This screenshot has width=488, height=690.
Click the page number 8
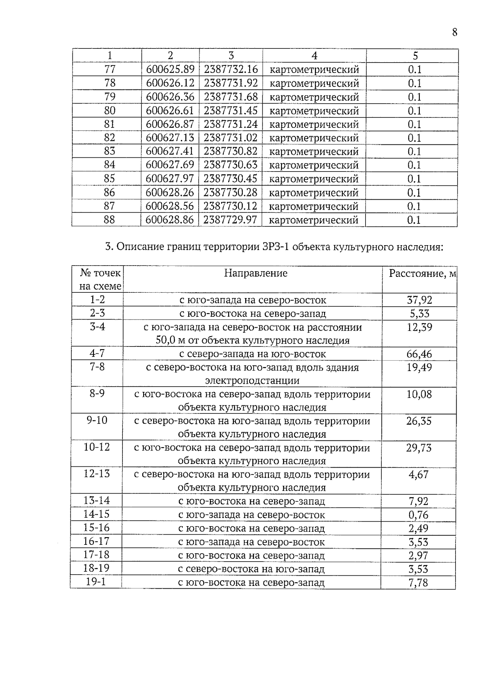(x=454, y=32)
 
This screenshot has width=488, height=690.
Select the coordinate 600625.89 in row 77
(x=170, y=70)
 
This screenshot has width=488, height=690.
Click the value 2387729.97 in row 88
(x=230, y=220)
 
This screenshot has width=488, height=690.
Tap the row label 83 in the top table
(x=109, y=151)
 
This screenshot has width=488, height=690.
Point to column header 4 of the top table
(x=314, y=56)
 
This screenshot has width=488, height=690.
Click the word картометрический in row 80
(x=314, y=111)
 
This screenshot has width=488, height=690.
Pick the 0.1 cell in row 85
(x=414, y=178)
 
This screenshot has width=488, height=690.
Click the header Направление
(x=255, y=273)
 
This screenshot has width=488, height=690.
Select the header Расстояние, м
(x=423, y=273)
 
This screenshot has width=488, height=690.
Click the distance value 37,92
(x=419, y=300)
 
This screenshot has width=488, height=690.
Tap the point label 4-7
(x=97, y=353)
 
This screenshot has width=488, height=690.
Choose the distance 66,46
(x=419, y=354)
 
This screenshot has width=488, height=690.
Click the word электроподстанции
(x=252, y=381)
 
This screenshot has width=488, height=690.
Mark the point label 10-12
(x=97, y=447)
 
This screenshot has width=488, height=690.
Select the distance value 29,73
(x=419, y=448)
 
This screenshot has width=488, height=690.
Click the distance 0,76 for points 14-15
(x=418, y=515)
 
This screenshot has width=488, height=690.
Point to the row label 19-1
(x=96, y=582)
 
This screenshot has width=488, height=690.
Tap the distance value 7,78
(x=418, y=583)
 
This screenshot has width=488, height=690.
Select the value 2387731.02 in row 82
(x=231, y=137)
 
